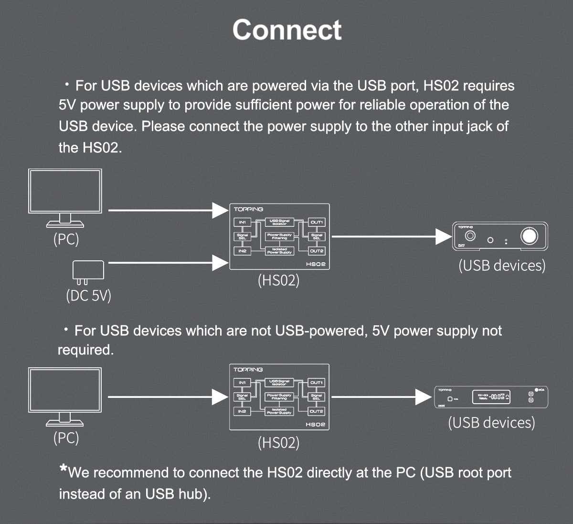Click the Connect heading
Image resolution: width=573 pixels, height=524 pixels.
click(x=286, y=30)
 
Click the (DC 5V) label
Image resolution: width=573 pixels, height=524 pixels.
click(x=88, y=296)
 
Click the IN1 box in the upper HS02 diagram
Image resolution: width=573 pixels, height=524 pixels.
click(x=242, y=222)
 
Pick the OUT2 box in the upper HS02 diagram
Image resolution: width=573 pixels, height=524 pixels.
click(x=317, y=251)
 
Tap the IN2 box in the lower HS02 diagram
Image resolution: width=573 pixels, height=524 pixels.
click(x=242, y=411)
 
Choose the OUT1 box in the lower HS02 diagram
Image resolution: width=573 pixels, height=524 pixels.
click(x=317, y=383)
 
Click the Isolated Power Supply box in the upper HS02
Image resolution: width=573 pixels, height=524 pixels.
click(x=279, y=251)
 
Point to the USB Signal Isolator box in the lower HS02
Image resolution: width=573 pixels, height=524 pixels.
click(x=279, y=383)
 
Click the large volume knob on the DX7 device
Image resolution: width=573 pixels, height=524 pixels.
click(x=529, y=236)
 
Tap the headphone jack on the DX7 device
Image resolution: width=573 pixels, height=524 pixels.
click(x=470, y=236)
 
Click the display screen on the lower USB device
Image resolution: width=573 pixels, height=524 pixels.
click(x=491, y=396)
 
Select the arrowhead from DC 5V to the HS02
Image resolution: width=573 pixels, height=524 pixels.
click(x=220, y=262)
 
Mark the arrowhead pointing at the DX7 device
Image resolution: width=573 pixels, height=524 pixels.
click(x=444, y=236)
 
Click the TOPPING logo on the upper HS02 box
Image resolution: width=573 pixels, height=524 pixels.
click(x=248, y=209)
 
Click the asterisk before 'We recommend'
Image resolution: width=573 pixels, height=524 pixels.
click(x=63, y=469)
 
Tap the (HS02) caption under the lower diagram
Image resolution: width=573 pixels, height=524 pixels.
click(x=278, y=443)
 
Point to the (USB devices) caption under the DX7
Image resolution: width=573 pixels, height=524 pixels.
click(x=502, y=265)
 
